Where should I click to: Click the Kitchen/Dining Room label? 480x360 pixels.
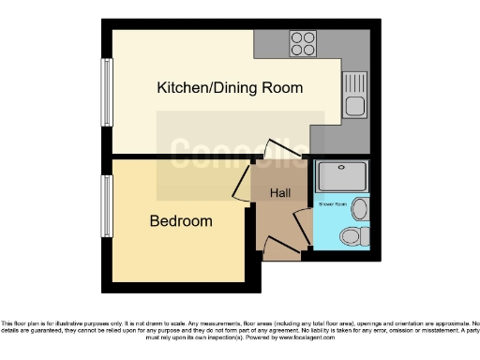click(x=230, y=88)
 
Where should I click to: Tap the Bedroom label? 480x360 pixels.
click(x=181, y=222)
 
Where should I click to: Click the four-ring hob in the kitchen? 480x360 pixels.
click(x=303, y=43)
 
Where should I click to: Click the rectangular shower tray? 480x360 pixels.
click(x=341, y=175)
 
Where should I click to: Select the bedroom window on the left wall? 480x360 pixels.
click(x=104, y=205)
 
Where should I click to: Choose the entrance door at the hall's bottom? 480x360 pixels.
click(x=281, y=248)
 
